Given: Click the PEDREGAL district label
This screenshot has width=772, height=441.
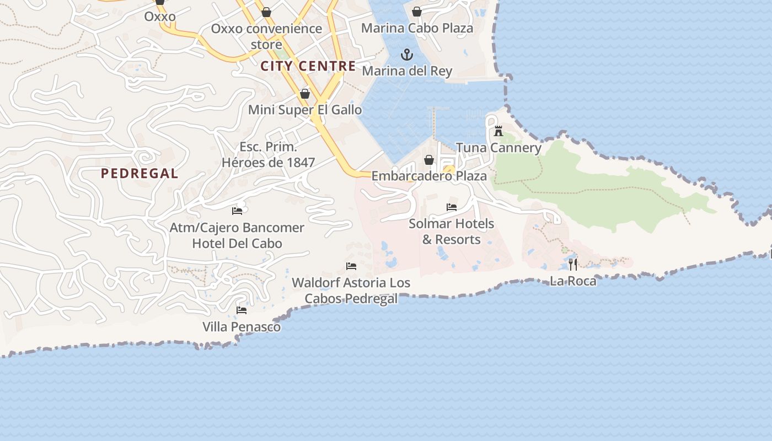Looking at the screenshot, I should pyautogui.click(x=140, y=174).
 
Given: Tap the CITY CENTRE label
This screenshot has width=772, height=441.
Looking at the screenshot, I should pyautogui.click(x=308, y=66).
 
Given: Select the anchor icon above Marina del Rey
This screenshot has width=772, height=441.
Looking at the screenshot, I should pyautogui.click(x=406, y=55).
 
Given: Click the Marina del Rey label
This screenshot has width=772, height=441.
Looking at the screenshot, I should pyautogui.click(x=407, y=71).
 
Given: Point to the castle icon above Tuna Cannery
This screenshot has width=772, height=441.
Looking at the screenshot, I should pyautogui.click(x=498, y=131).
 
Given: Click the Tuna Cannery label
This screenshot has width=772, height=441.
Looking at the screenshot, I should pyautogui.click(x=498, y=148).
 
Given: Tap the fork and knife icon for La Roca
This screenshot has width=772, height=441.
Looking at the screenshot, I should pyautogui.click(x=573, y=265).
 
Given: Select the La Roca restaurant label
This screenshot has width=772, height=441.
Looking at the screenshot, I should pyautogui.click(x=573, y=281).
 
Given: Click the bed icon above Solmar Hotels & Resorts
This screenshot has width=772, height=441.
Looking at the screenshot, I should pyautogui.click(x=452, y=207).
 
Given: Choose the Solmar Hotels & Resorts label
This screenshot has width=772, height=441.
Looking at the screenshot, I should pyautogui.click(x=452, y=232).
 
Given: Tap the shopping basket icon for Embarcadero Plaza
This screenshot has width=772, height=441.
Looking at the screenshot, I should pyautogui.click(x=429, y=160).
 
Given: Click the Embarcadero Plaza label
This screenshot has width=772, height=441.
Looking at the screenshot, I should pyautogui.click(x=429, y=176).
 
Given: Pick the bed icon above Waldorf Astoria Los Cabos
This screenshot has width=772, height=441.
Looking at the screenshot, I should pyautogui.click(x=351, y=266).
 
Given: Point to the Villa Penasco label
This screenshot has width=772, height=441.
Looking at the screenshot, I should pyautogui.click(x=242, y=327).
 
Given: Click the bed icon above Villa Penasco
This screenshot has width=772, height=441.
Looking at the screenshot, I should pyautogui.click(x=242, y=310).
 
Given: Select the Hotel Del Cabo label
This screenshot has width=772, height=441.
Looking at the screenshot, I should pyautogui.click(x=237, y=244).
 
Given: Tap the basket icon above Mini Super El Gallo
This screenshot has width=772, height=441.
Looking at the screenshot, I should pyautogui.click(x=305, y=94).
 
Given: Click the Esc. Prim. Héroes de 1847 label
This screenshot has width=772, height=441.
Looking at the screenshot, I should pyautogui.click(x=269, y=155).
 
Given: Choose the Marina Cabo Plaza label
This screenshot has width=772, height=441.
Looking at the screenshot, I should pyautogui.click(x=417, y=28).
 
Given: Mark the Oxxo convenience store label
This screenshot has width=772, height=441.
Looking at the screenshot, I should pyautogui.click(x=266, y=36).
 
